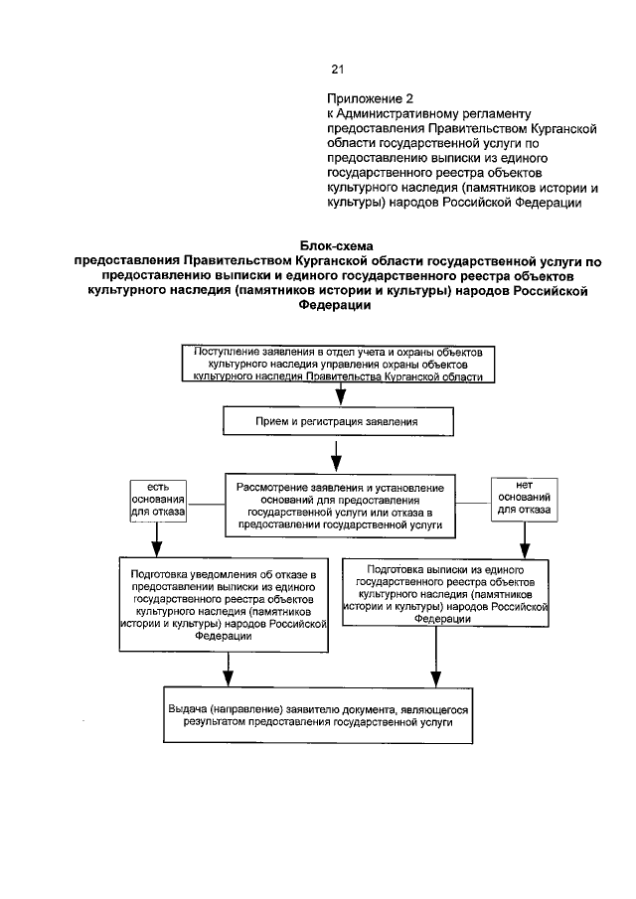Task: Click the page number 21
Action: (336, 70)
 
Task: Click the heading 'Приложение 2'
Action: (369, 100)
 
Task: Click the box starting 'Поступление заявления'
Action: (339, 364)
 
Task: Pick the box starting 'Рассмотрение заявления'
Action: (340, 504)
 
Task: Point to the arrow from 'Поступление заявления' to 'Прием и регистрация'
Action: (338, 394)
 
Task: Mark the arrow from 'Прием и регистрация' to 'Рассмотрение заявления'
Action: (338, 456)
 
